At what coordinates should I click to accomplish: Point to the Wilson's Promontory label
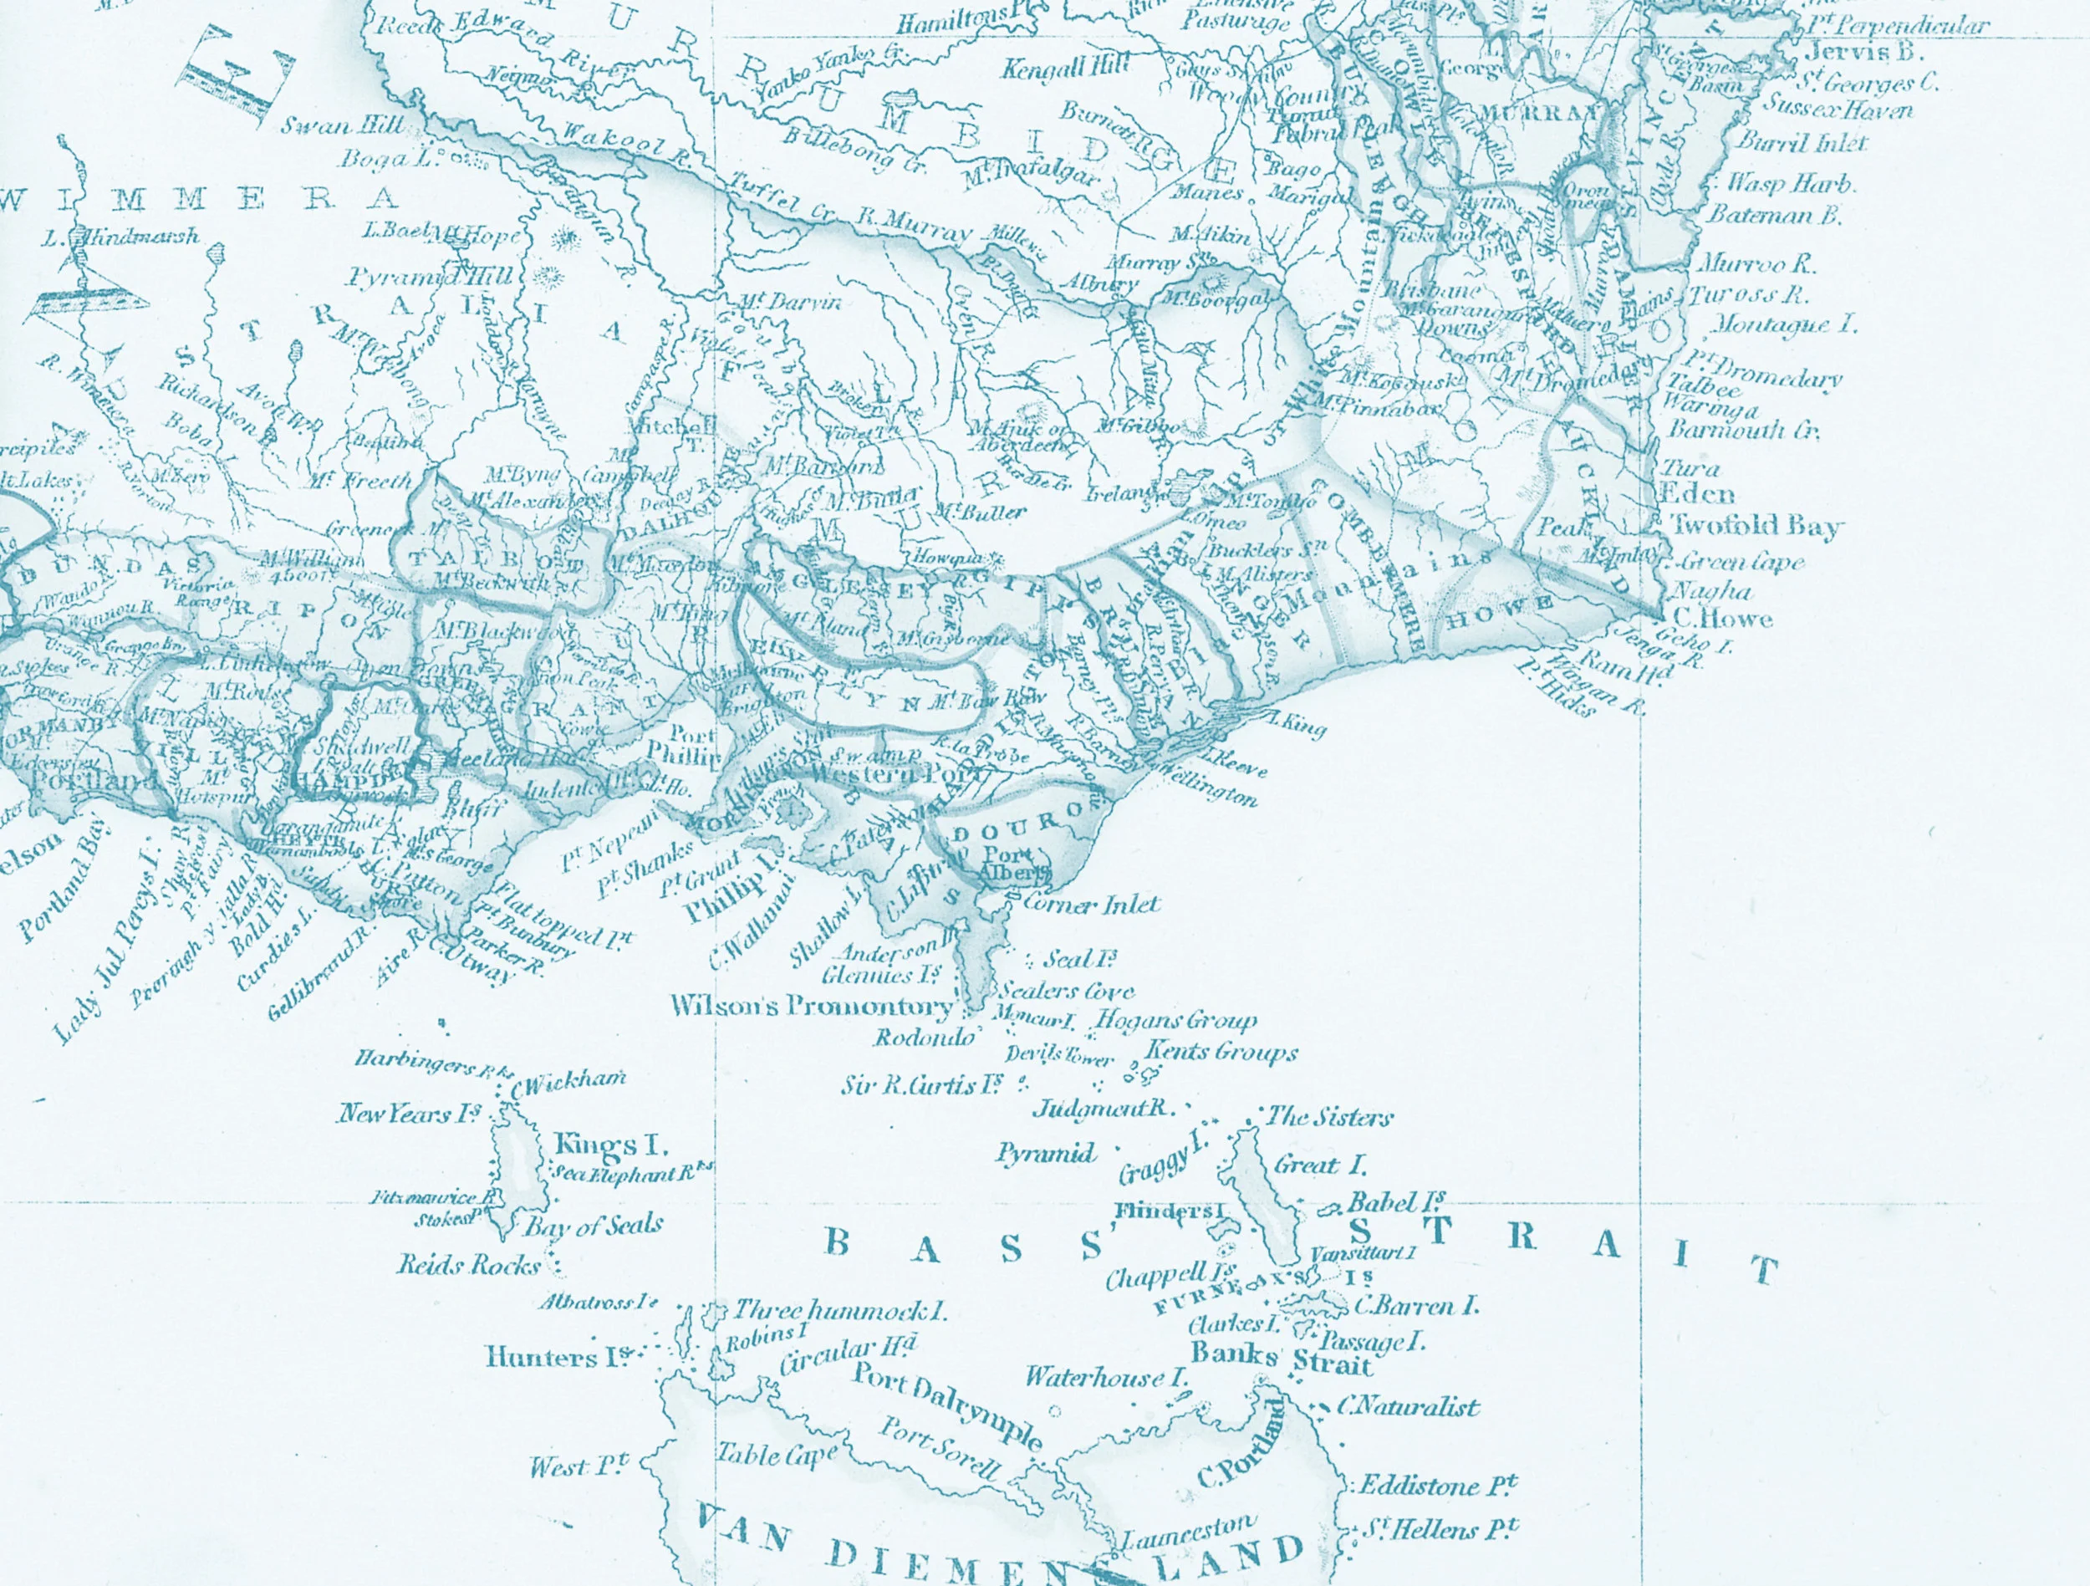pyautogui.click(x=813, y=1007)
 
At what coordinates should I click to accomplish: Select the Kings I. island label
pyautogui.click(x=610, y=1145)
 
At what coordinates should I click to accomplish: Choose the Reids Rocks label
pyautogui.click(x=469, y=1265)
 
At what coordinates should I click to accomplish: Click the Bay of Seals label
pyautogui.click(x=594, y=1226)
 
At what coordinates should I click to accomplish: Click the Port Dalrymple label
pyautogui.click(x=948, y=1405)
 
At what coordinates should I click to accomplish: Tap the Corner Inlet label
pyautogui.click(x=1093, y=905)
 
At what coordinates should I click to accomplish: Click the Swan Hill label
pyautogui.click(x=342, y=125)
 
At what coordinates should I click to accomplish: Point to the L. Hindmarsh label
pyautogui.click(x=123, y=237)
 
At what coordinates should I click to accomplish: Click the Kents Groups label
pyautogui.click(x=1221, y=1052)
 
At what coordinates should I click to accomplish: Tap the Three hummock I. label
pyautogui.click(x=840, y=1311)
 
